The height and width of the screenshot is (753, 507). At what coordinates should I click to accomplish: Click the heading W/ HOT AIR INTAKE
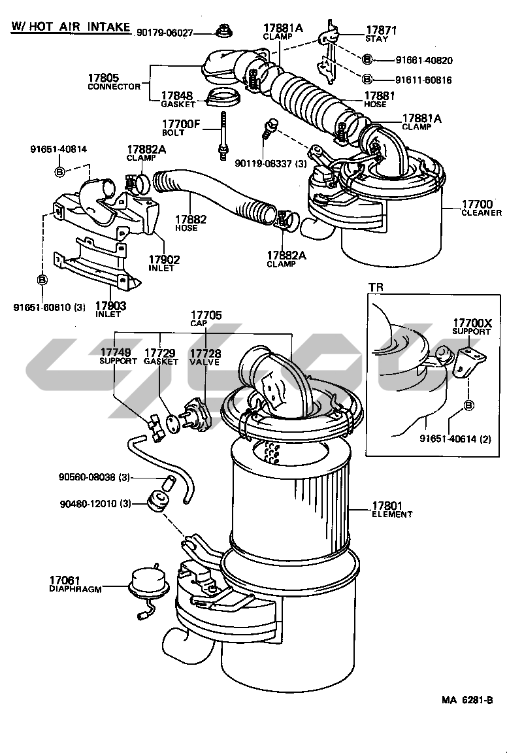pos(71,26)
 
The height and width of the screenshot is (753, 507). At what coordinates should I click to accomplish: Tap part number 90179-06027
pos(165,33)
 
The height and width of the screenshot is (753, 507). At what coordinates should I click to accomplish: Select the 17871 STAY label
pos(381,34)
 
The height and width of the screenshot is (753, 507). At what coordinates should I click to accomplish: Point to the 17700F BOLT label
pos(180,128)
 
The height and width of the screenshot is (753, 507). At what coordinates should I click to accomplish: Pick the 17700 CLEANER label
pos(481,208)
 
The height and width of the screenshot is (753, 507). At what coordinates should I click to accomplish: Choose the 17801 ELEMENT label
pos(392,510)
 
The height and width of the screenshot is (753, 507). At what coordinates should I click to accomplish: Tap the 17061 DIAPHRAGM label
pos(75,584)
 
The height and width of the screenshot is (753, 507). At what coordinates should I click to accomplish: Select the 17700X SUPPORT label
pos(472,326)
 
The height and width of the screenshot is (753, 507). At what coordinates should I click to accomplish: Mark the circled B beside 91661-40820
pos(367,59)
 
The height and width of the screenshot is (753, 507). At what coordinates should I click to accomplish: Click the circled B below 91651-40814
pos(59,171)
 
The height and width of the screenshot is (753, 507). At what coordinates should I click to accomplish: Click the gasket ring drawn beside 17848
pos(222,97)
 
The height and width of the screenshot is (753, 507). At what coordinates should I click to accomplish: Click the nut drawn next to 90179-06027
pos(223,31)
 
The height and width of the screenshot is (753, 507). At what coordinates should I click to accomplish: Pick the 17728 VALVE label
pos(205,358)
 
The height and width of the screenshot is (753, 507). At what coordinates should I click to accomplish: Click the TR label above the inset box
pos(376,287)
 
